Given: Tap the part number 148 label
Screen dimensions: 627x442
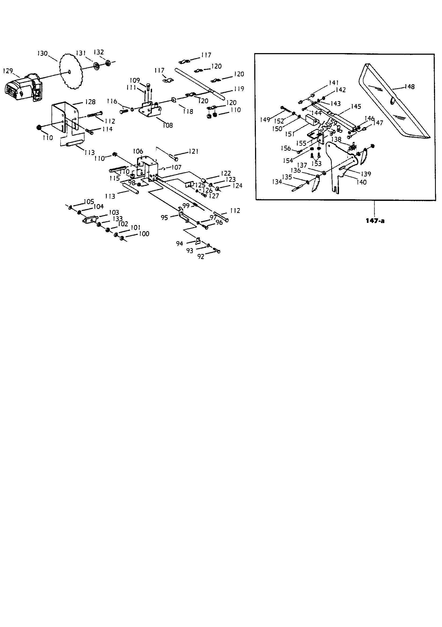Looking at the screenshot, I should pyautogui.click(x=410, y=87).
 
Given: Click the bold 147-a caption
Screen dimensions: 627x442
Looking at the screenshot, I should pyautogui.click(x=375, y=221).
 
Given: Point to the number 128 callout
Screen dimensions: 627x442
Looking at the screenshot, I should pyautogui.click(x=90, y=102).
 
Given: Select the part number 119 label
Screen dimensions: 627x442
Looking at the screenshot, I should pyautogui.click(x=239, y=89).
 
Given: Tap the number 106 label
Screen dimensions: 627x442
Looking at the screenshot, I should pyautogui.click(x=138, y=151).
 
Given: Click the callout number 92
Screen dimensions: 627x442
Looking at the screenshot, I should pyautogui.click(x=201, y=257).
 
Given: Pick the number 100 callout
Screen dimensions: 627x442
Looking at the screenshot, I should pyautogui.click(x=144, y=234).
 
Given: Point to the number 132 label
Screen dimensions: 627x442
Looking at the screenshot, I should pyautogui.click(x=99, y=52).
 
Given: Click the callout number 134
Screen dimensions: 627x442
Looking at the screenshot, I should pyautogui.click(x=277, y=182).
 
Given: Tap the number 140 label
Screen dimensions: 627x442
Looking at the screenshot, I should pyautogui.click(x=362, y=182).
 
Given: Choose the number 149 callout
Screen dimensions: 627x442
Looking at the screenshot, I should pyautogui.click(x=265, y=120).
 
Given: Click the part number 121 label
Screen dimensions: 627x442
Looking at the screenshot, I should pyautogui.click(x=193, y=151).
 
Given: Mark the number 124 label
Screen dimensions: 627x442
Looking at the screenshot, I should pyautogui.click(x=237, y=186).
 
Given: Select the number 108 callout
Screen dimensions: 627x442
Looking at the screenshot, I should pyautogui.click(x=167, y=125).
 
